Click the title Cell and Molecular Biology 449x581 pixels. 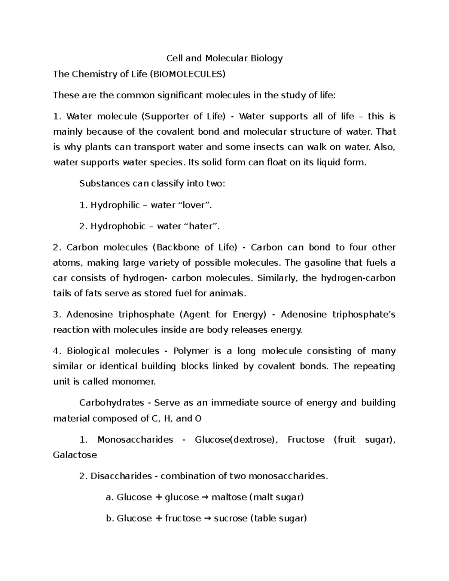pyautogui.click(x=224, y=58)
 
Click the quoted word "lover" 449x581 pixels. pyautogui.click(x=193, y=205)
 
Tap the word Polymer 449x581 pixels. pyautogui.click(x=191, y=351)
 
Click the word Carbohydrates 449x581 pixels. pyautogui.click(x=112, y=403)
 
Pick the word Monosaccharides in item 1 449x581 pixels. pyautogui.click(x=135, y=440)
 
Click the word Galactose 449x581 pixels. pyautogui.click(x=75, y=455)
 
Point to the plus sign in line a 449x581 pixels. pyautogui.click(x=159, y=497)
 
